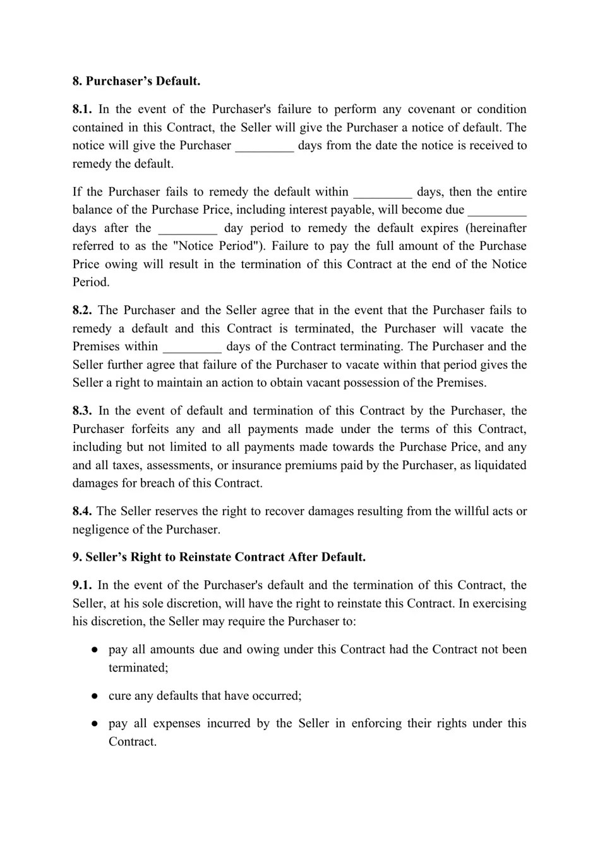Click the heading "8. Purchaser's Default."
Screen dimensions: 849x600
[136, 81]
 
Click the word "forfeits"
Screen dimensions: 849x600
[151, 429]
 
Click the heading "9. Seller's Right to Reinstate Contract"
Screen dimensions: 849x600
[219, 558]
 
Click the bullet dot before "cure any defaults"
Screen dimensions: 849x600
[93, 696]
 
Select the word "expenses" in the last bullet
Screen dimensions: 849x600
[176, 723]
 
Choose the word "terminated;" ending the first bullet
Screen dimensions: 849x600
[138, 668]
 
